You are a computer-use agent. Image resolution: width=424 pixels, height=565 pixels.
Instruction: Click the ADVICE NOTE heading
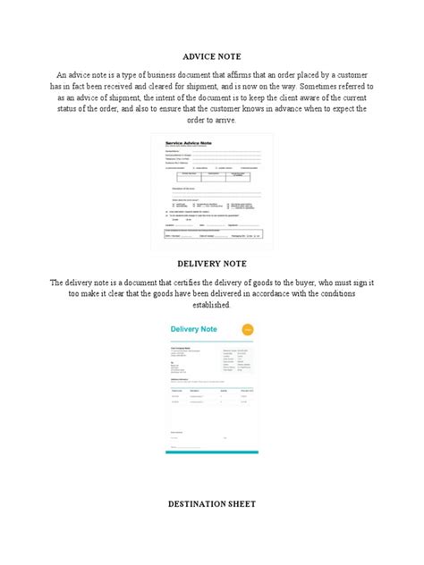[212, 55]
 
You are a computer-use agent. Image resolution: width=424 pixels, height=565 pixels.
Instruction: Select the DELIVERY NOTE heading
[212, 264]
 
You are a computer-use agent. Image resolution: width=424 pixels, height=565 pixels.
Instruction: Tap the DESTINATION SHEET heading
[212, 504]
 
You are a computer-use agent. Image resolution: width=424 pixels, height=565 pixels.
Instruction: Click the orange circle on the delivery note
[248, 331]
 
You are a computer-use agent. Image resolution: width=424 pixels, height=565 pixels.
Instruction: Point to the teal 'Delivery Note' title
[193, 330]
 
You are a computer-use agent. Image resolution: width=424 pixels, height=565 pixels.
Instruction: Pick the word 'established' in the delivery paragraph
[211, 306]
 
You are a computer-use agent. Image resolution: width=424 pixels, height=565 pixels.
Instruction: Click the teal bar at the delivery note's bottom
[212, 452]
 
